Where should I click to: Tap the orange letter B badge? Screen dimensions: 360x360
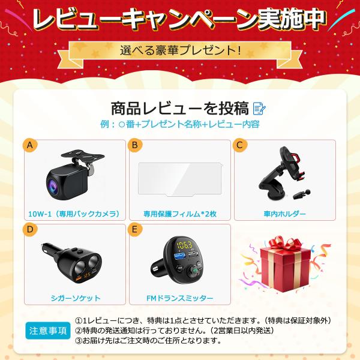[135, 146]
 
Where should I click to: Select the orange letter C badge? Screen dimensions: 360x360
[239, 146]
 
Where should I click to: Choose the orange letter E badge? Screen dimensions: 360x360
[135, 230]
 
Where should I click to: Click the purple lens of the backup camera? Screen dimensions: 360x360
[53, 187]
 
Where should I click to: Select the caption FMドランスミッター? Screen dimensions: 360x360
[179, 297]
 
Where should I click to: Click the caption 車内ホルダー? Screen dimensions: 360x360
[284, 213]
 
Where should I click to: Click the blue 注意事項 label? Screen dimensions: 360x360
[48, 331]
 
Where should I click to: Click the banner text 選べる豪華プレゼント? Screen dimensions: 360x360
[181, 50]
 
